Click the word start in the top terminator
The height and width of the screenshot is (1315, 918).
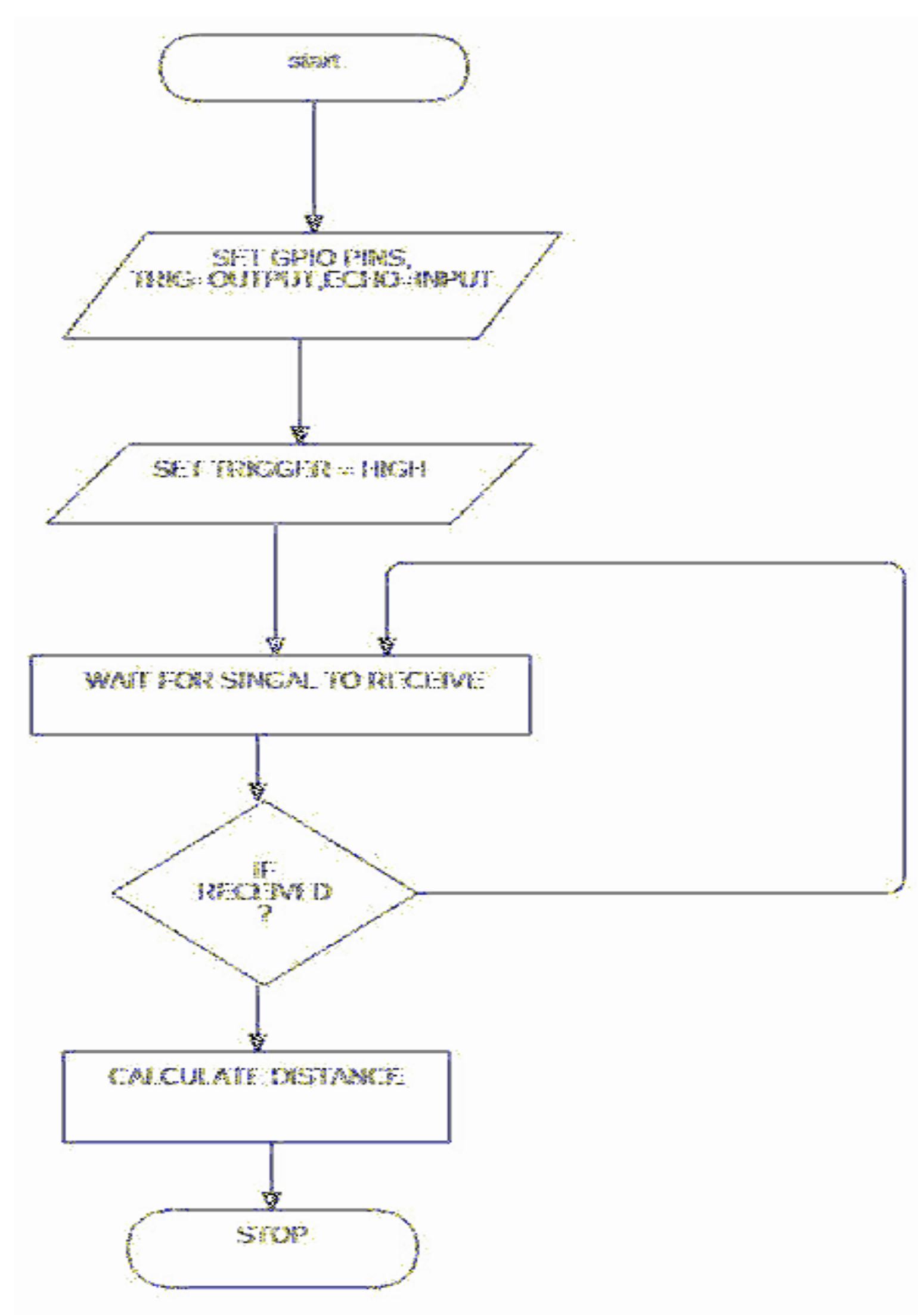pos(315,62)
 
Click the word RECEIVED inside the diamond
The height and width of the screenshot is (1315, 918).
pos(264,892)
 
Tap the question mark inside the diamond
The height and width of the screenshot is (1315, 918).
pos(265,914)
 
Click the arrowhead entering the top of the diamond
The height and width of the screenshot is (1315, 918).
pos(258,791)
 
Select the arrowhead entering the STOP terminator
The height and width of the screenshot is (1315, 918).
pos(271,1199)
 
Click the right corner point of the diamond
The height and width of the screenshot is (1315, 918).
pos(415,893)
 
